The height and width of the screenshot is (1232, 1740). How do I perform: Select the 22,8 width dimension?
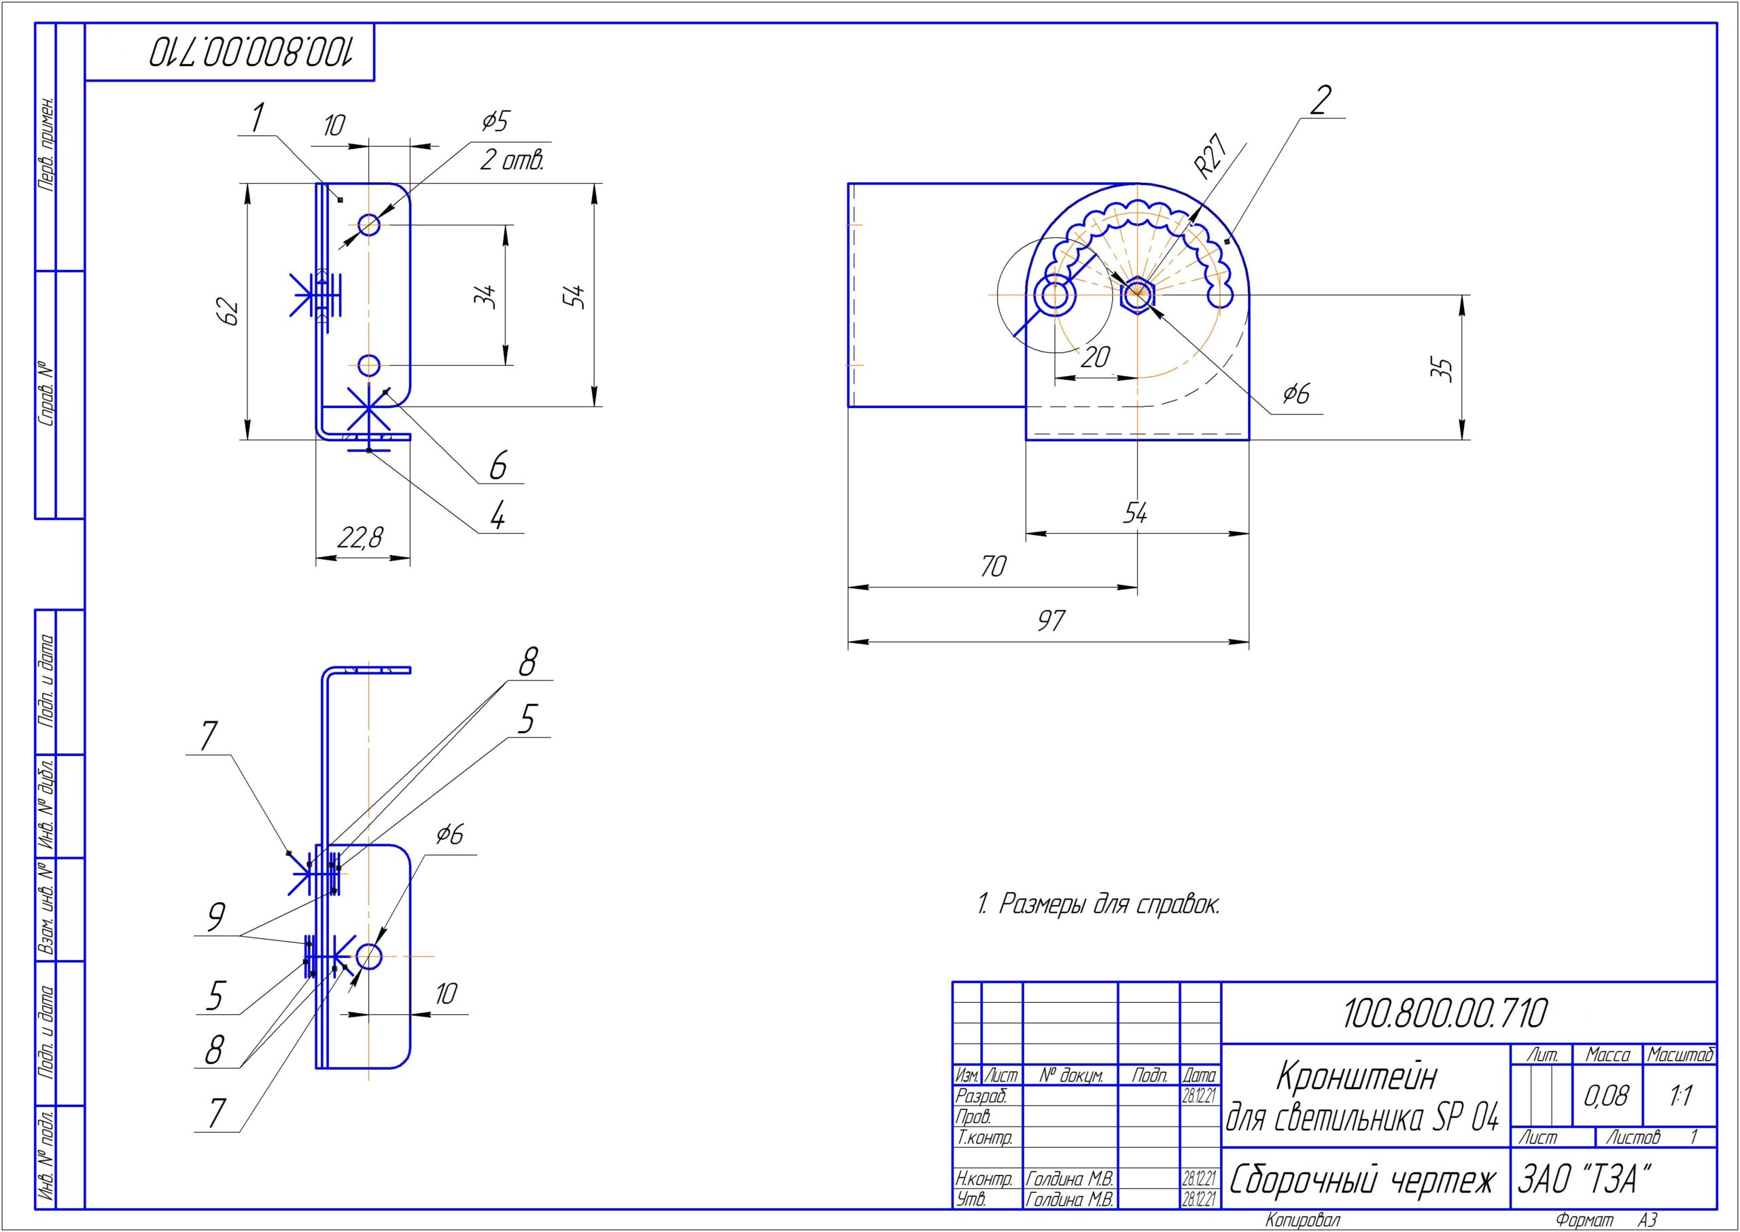360,538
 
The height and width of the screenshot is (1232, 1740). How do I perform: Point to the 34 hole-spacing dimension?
485,295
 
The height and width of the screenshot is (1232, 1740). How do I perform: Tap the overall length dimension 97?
1051,621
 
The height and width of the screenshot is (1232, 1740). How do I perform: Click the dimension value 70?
993,566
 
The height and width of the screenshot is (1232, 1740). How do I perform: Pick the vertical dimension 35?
1445,369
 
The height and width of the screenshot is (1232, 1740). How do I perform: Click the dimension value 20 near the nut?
1095,356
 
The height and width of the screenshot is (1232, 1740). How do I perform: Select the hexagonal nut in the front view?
1136,294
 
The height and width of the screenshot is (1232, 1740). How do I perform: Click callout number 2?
1320,101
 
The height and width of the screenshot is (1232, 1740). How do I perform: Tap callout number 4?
498,517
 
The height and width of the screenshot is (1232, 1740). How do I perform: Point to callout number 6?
498,465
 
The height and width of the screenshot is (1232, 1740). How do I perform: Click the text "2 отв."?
512,160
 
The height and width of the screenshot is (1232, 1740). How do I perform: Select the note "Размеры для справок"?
1098,904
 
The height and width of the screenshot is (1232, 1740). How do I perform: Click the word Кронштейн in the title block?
1357,1076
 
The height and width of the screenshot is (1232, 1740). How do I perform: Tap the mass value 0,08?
1606,1095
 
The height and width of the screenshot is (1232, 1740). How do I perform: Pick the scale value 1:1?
1680,1095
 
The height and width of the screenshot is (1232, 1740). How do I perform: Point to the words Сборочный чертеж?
1362,1180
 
